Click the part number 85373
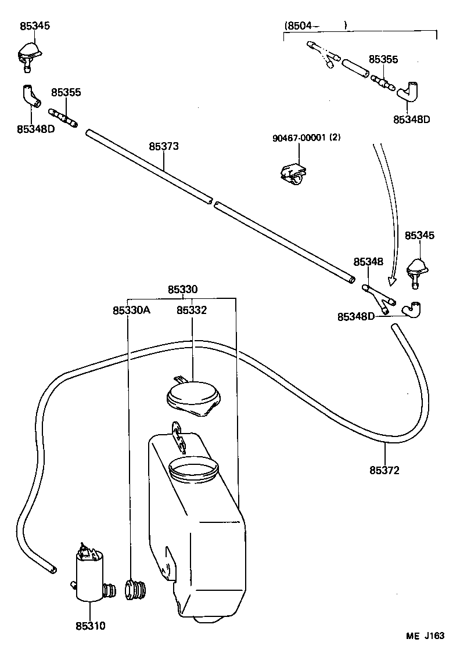pyautogui.click(x=163, y=146)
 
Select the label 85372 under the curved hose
pyautogui.click(x=384, y=470)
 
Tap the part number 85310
pyautogui.click(x=90, y=626)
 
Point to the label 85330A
pyautogui.click(x=131, y=310)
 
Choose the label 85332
pyautogui.click(x=192, y=310)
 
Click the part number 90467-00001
pyautogui.click(x=299, y=138)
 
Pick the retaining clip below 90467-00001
pyautogui.click(x=293, y=173)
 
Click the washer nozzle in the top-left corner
pyautogui.click(x=28, y=53)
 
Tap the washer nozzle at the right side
pyautogui.click(x=418, y=271)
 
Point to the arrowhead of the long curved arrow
pyautogui.click(x=392, y=283)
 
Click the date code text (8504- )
pyautogui.click(x=315, y=26)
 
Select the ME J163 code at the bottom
pyautogui.click(x=425, y=636)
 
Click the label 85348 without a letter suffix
pyautogui.click(x=369, y=262)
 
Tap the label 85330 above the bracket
pyautogui.click(x=183, y=289)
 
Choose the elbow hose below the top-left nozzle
pyautogui.click(x=30, y=96)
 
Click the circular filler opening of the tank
pyautogui.click(x=193, y=467)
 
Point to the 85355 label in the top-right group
pyautogui.click(x=383, y=59)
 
